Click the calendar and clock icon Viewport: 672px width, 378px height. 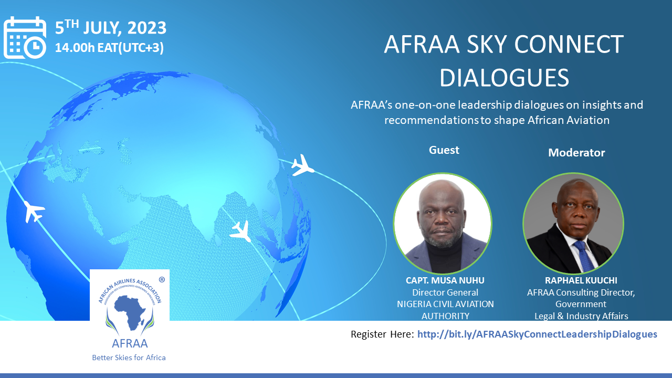[x=25, y=37]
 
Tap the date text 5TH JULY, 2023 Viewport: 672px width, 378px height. [x=110, y=28]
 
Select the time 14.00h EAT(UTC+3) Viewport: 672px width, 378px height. [x=109, y=48]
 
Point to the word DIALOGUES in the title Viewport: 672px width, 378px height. [x=505, y=78]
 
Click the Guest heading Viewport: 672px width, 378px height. [x=444, y=150]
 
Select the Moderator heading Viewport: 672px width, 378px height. [x=576, y=153]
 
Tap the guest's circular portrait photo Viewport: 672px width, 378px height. [x=443, y=223]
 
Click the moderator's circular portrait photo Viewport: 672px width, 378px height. [x=573, y=223]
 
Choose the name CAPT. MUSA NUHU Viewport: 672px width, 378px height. [x=445, y=280]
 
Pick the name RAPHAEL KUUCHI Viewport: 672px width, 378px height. [x=581, y=280]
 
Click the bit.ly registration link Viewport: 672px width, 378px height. [x=537, y=334]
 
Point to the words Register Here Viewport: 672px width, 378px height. [x=383, y=334]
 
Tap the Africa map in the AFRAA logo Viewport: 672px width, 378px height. [x=131, y=312]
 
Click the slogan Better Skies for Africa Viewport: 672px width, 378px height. [x=129, y=358]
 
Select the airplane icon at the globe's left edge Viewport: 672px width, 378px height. [x=34, y=212]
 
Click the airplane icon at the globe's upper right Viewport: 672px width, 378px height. [x=302, y=165]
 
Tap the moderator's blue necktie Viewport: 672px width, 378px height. [x=583, y=256]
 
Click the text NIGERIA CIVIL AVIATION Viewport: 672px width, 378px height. [x=445, y=304]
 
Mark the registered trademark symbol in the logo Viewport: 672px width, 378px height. [x=162, y=280]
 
